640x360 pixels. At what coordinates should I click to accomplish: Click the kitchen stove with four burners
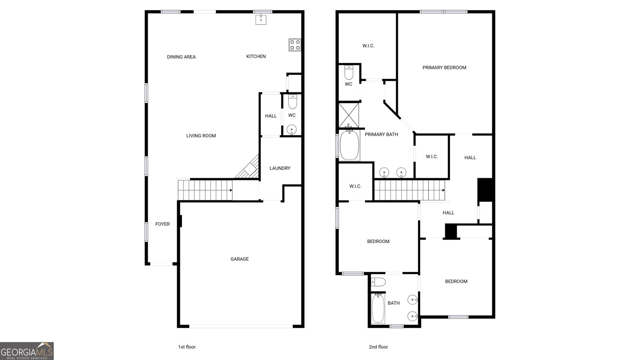pyautogui.click(x=294, y=45)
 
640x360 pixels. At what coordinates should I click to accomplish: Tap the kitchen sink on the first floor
pyautogui.click(x=260, y=20)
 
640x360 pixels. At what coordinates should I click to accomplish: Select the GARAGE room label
pyautogui.click(x=240, y=259)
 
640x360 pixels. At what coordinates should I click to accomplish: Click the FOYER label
pyautogui.click(x=162, y=224)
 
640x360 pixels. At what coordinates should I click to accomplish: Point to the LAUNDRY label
pyautogui.click(x=280, y=168)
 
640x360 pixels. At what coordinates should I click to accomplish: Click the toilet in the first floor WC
pyautogui.click(x=292, y=102)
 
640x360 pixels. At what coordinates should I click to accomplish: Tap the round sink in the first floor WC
pyautogui.click(x=292, y=130)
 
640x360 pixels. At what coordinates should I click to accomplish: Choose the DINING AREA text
pyautogui.click(x=182, y=57)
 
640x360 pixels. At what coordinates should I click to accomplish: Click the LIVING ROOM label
pyautogui.click(x=201, y=136)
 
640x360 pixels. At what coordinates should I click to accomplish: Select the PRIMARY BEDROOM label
pyautogui.click(x=444, y=68)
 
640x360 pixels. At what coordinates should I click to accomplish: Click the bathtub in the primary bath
pyautogui.click(x=349, y=146)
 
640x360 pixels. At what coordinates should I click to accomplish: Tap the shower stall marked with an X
pyautogui.click(x=348, y=115)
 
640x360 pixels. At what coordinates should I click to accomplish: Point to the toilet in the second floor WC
pyautogui.click(x=348, y=72)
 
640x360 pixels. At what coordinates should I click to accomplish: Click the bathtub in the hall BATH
pyautogui.click(x=378, y=308)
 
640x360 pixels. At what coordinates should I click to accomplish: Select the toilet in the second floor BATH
pyautogui.click(x=378, y=282)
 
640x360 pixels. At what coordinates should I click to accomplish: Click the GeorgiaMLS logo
pyautogui.click(x=27, y=351)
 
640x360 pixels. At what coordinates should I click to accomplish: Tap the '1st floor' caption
pyautogui.click(x=187, y=347)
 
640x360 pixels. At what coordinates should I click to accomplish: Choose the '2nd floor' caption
pyautogui.click(x=378, y=347)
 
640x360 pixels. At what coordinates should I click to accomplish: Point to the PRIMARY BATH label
pyautogui.click(x=382, y=134)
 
